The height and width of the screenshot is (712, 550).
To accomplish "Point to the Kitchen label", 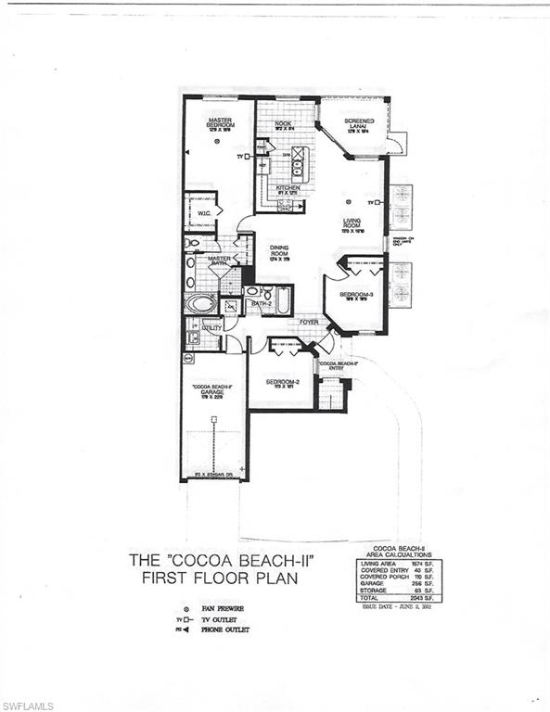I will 288,188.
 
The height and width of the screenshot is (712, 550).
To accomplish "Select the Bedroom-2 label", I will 280,382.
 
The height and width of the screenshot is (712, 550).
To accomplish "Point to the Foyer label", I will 308,323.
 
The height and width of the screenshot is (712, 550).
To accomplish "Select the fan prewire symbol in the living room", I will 349,201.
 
